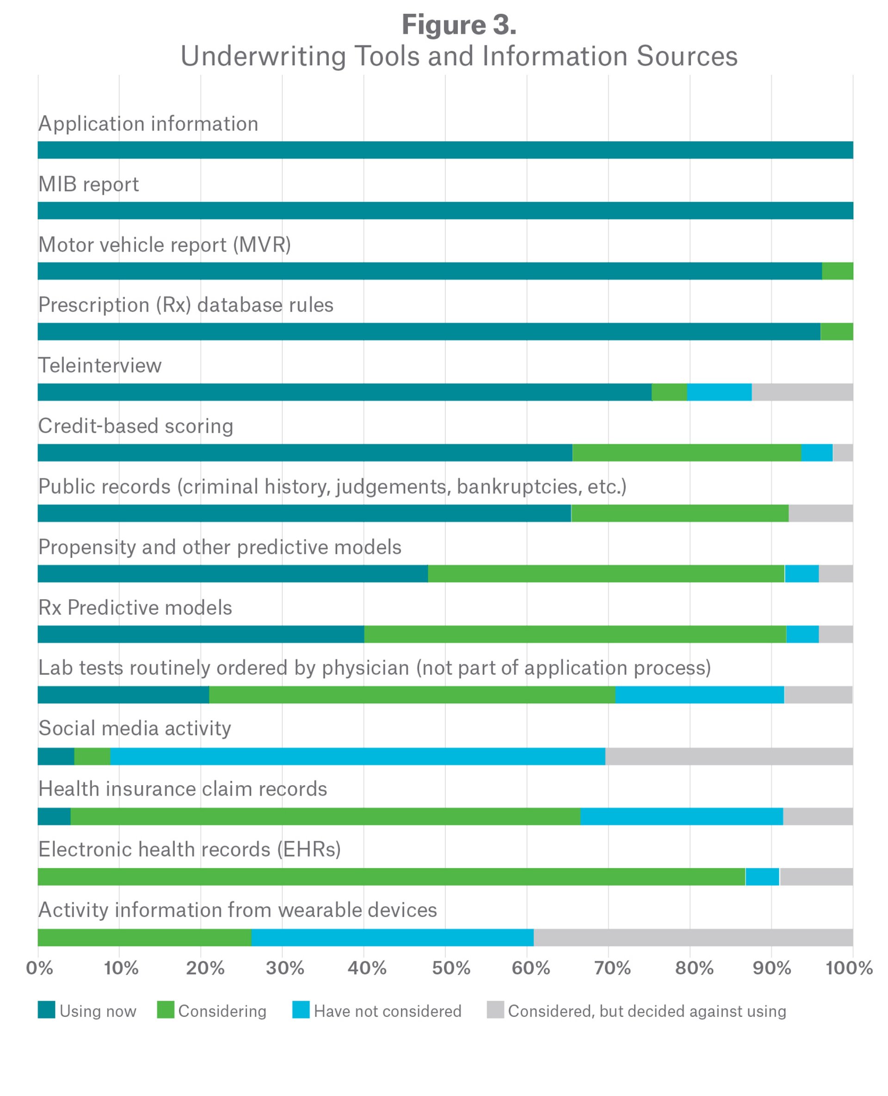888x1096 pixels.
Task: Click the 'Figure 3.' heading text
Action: [x=459, y=25]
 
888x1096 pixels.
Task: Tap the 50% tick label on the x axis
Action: [x=450, y=969]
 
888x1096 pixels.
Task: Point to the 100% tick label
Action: [x=849, y=969]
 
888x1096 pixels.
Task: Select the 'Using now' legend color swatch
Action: [x=46, y=1010]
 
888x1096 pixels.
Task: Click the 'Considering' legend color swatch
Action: [x=166, y=1010]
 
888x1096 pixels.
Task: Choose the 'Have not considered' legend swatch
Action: [x=301, y=1010]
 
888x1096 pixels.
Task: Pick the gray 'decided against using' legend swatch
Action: [x=495, y=1010]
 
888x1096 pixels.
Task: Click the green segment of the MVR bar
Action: [x=838, y=271]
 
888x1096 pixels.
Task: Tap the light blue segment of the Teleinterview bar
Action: [x=719, y=392]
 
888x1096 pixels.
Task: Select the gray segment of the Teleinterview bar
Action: [x=802, y=392]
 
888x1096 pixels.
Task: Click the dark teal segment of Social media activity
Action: [x=56, y=756]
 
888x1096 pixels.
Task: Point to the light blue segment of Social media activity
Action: [x=358, y=756]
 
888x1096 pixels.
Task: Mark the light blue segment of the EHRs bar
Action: [x=762, y=877]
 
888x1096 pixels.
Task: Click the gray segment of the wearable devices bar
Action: [x=693, y=938]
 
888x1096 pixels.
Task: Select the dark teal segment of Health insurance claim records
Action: [x=54, y=817]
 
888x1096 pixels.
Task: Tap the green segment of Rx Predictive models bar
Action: [x=575, y=634]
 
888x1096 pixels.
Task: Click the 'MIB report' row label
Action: [x=88, y=185]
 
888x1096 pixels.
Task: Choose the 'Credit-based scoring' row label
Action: [x=136, y=426]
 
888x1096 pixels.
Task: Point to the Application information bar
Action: [x=445, y=150]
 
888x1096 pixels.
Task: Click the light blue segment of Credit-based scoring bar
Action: [x=816, y=453]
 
